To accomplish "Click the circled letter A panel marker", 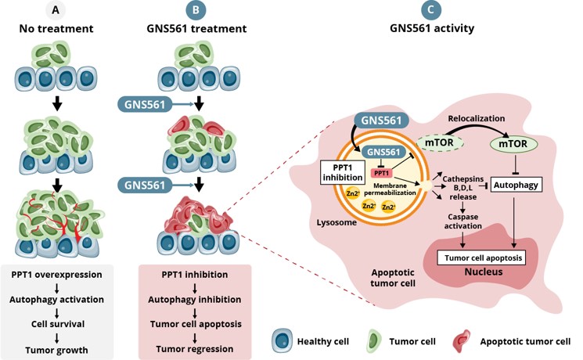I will [56, 11].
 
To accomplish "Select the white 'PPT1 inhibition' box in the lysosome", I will [338, 173].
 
